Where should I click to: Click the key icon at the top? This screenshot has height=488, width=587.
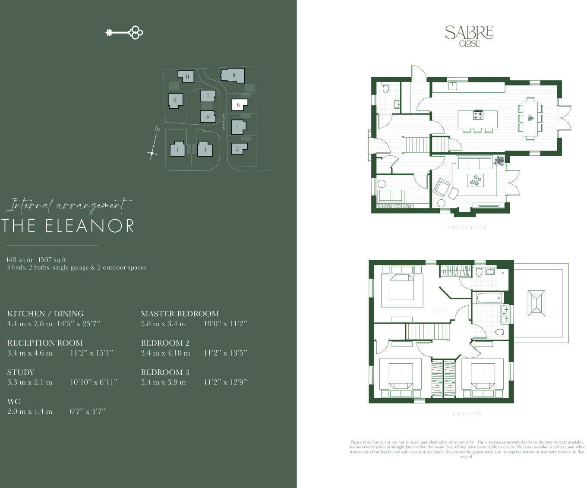pyautogui.click(x=124, y=32)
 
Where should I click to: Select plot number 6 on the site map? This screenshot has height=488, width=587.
pyautogui.click(x=239, y=105)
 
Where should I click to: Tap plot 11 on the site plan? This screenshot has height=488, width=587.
pyautogui.click(x=186, y=77)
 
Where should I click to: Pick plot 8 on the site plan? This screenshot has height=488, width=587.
pyautogui.click(x=233, y=75)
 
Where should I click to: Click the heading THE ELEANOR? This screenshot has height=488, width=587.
pyautogui.click(x=68, y=226)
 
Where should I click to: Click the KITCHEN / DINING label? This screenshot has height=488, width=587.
pyautogui.click(x=45, y=314)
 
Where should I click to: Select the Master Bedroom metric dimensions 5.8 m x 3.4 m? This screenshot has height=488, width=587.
pyautogui.click(x=163, y=324)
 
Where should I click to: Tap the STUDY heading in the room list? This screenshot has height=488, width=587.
pyautogui.click(x=21, y=372)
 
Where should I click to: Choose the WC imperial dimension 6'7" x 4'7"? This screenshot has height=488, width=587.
pyautogui.click(x=88, y=412)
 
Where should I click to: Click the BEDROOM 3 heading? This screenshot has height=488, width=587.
pyautogui.click(x=165, y=372)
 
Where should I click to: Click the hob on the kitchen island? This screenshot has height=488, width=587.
pyautogui.click(x=478, y=115)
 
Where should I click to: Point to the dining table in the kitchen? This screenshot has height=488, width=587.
pyautogui.click(x=530, y=118)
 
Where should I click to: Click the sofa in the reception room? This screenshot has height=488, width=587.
pyautogui.click(x=474, y=164)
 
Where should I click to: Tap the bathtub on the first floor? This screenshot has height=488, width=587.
pyautogui.click(x=489, y=298)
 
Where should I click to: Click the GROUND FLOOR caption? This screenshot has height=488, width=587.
pyautogui.click(x=467, y=227)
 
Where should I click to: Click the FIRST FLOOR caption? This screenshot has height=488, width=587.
pyautogui.click(x=467, y=414)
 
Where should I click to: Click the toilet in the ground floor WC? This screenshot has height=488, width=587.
pyautogui.click(x=386, y=88)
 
